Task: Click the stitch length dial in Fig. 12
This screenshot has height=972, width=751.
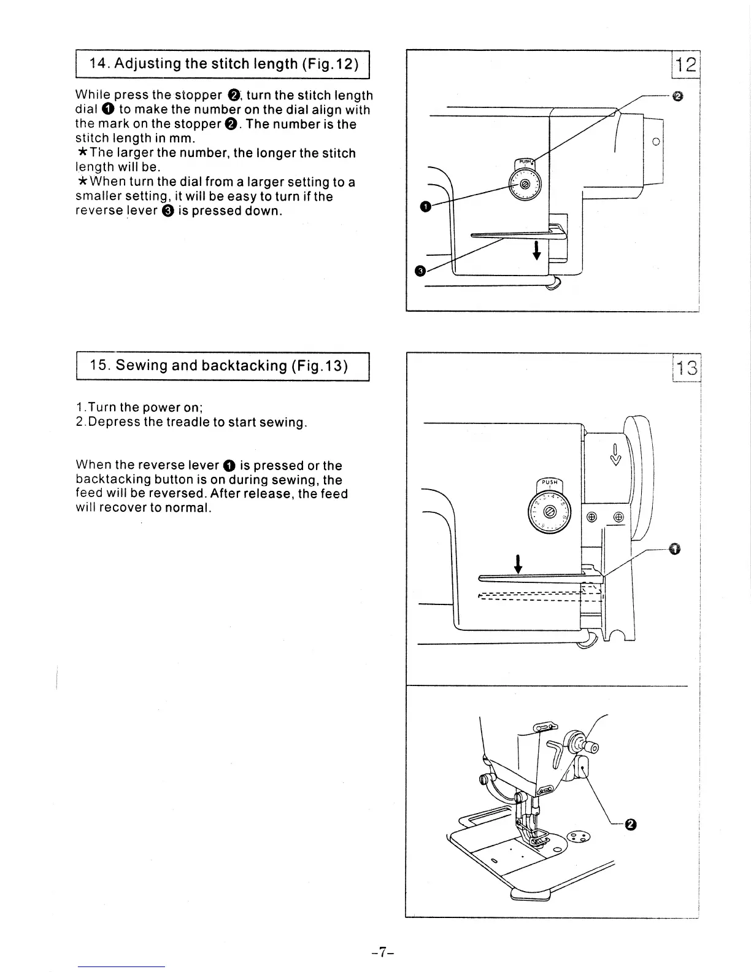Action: (x=524, y=183)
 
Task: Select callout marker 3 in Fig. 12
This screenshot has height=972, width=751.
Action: (x=420, y=271)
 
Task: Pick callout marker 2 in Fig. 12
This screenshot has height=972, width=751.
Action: (x=677, y=96)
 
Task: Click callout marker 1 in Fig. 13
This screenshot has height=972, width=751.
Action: (x=675, y=549)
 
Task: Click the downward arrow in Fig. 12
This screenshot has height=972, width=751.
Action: (x=537, y=250)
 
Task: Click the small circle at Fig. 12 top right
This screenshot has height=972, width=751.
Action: (x=656, y=141)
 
